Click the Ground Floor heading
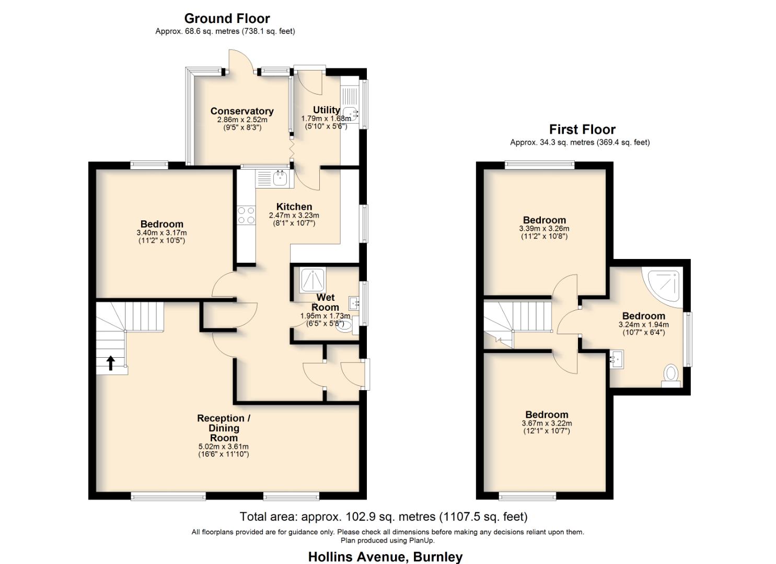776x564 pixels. tap(227, 19)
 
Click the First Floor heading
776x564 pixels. tap(582, 130)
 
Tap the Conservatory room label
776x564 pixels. tap(242, 111)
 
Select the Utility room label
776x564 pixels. tap(326, 110)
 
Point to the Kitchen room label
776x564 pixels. tap(294, 207)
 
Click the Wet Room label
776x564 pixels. tap(325, 302)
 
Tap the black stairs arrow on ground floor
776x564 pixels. tap(111, 362)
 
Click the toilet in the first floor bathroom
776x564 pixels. tap(671, 375)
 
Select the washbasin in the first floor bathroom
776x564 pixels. tap(617, 359)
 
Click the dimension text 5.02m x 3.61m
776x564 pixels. tap(224, 446)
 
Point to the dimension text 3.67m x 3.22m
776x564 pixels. tap(547, 423)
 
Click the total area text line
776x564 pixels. tap(384, 516)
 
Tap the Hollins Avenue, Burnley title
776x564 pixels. tap(385, 557)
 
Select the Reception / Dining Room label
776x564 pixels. tap(224, 428)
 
